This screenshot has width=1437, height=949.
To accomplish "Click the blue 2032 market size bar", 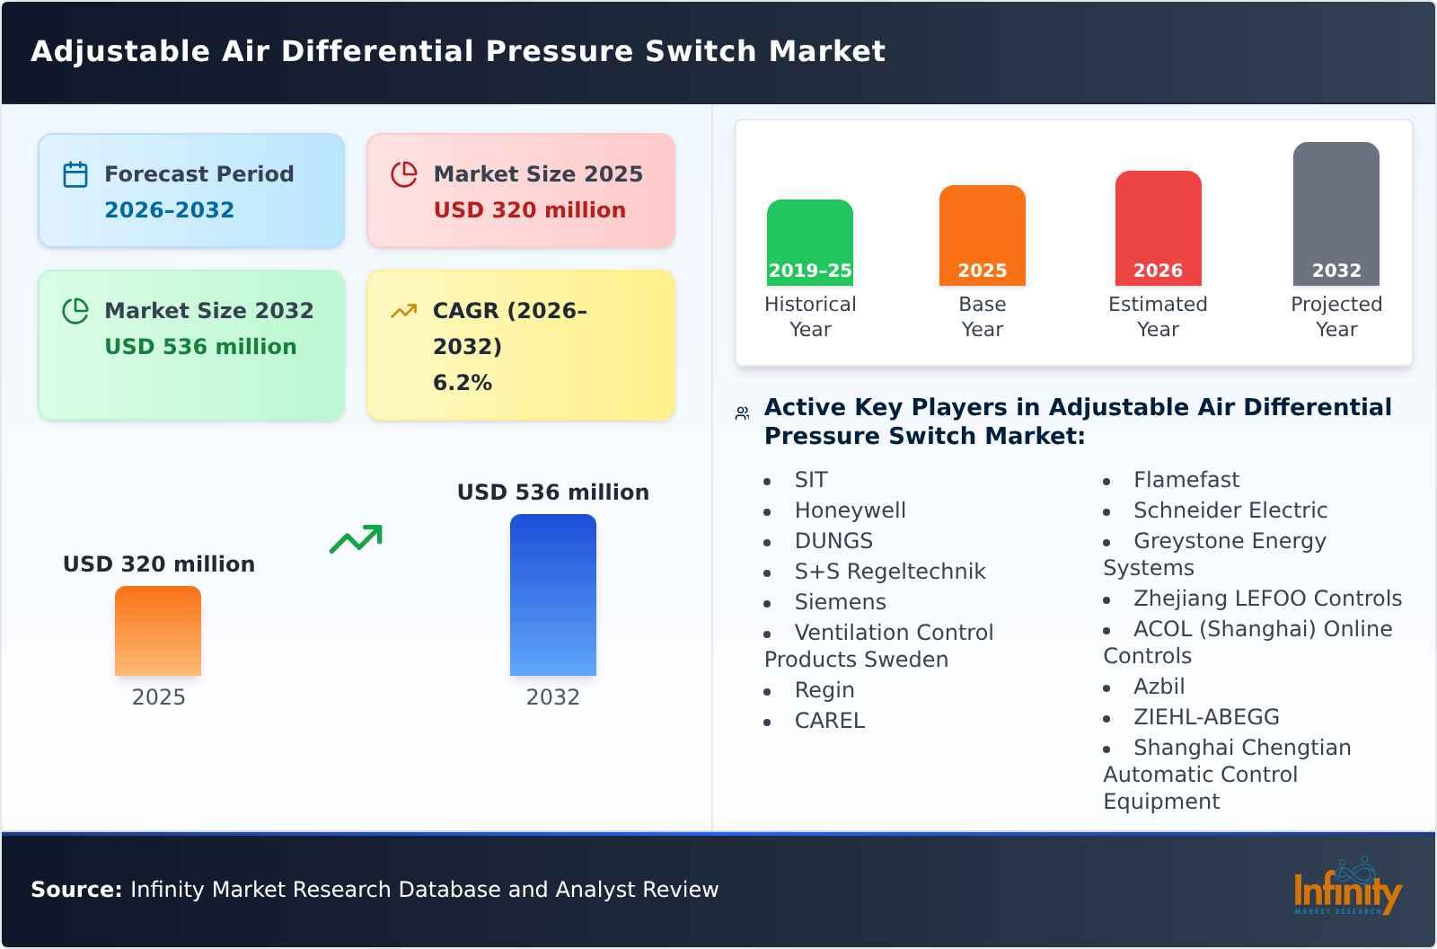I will tap(552, 594).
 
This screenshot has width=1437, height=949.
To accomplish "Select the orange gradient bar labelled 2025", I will tap(158, 630).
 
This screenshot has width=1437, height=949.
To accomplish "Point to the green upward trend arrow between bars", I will tap(356, 539).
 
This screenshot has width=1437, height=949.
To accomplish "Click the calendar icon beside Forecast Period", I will tap(75, 174).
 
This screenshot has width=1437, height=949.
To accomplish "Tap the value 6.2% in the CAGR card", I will tap(462, 383).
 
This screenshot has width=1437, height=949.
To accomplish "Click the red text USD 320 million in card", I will tap(529, 210).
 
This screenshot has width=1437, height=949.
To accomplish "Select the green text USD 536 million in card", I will tap(200, 347).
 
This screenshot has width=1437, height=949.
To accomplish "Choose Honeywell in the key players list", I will tap(850, 510).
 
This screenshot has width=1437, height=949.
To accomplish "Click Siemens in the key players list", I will tap(840, 602).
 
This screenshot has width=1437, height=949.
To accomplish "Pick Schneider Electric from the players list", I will tap(1230, 510).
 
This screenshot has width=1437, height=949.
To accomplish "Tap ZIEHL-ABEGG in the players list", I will tap(1205, 717).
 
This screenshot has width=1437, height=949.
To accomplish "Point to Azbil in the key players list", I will tap(1159, 687).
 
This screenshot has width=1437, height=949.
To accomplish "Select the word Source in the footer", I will tap(75, 890).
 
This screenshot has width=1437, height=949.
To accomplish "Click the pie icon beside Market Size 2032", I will tap(75, 311).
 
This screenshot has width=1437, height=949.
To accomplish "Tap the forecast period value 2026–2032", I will tap(169, 210).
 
